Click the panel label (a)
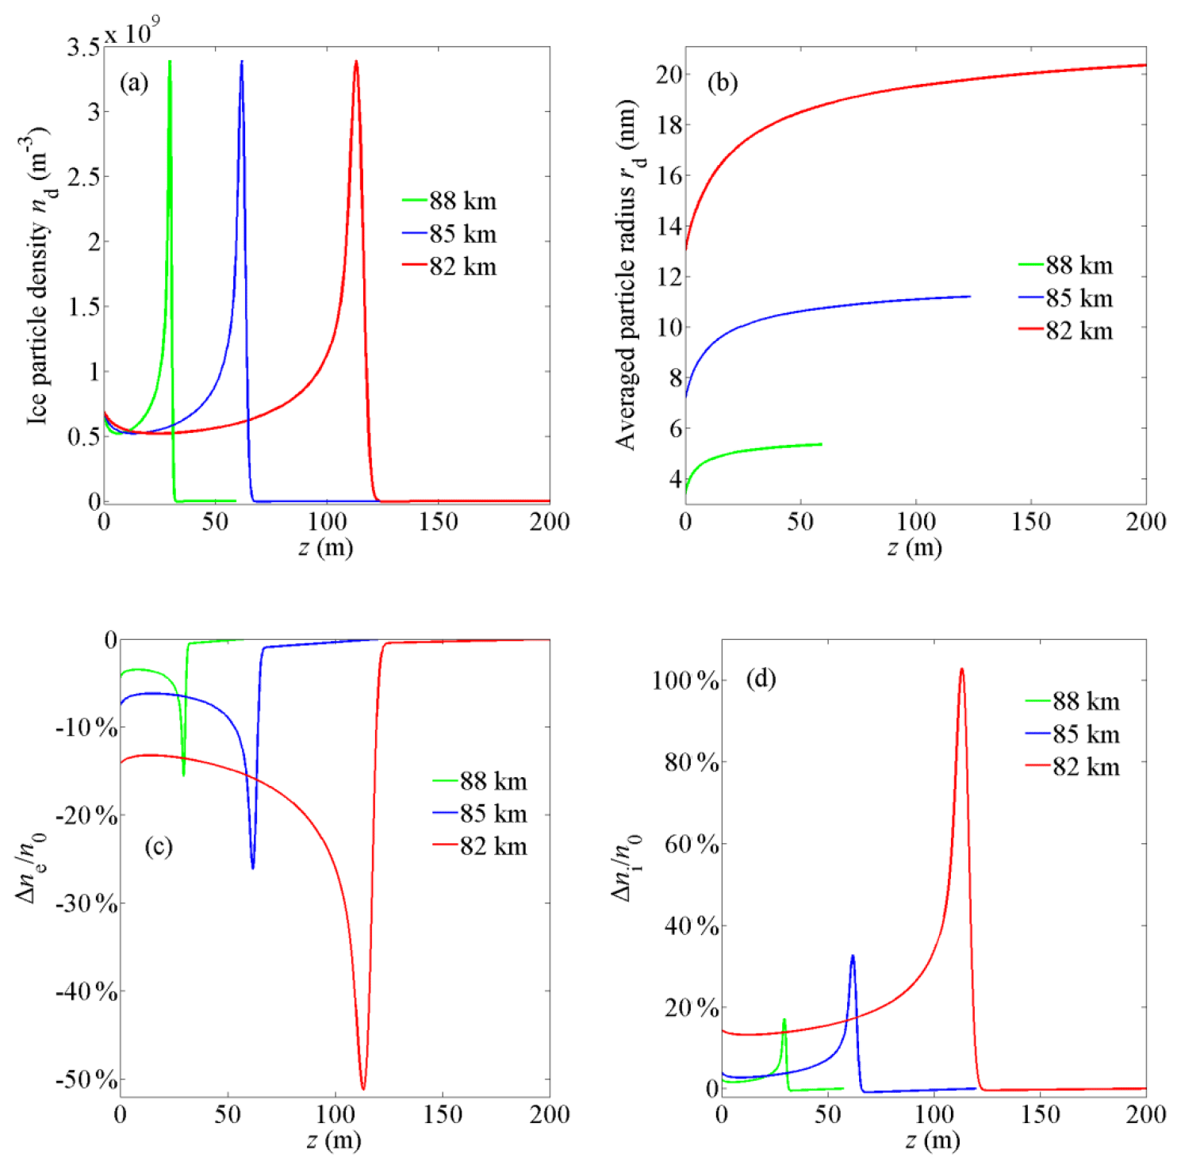pyautogui.click(x=133, y=82)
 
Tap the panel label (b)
pyautogui.click(x=722, y=82)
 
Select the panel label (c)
pyautogui.click(x=159, y=846)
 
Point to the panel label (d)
pyautogui.click(x=761, y=678)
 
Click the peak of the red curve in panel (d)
pyautogui.click(x=961, y=669)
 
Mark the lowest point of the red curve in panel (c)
pyautogui.click(x=363, y=1089)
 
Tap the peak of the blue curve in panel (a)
pyautogui.click(x=242, y=61)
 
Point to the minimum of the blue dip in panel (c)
pyautogui.click(x=253, y=868)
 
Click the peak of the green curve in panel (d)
pyautogui.click(x=784, y=1020)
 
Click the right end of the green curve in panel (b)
pyautogui.click(x=821, y=444)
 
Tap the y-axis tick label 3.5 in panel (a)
pyautogui.click(x=83, y=48)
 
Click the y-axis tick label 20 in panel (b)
pyautogui.click(x=669, y=75)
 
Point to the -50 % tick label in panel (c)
pyautogui.click(x=86, y=1080)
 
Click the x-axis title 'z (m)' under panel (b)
pyautogui.click(x=914, y=547)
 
